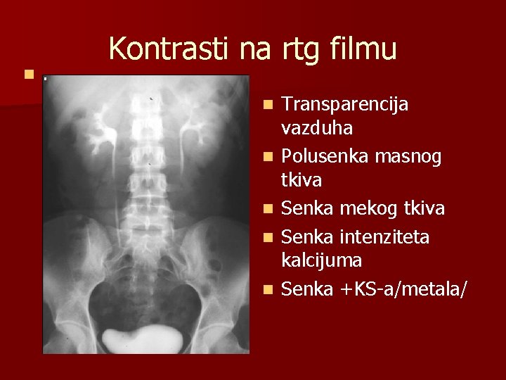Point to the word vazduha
317,129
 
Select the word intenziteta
393,234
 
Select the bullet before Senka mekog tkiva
267,208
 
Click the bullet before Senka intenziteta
267,234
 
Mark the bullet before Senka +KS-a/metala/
267,287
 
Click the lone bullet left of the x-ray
27,73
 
